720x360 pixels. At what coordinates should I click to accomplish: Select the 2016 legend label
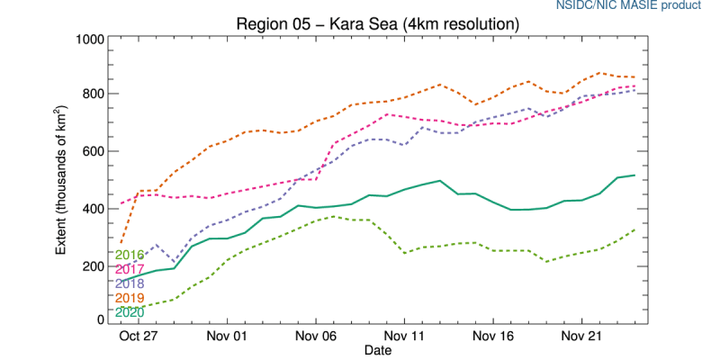tap(130, 255)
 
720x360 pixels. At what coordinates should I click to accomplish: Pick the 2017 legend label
tap(130, 269)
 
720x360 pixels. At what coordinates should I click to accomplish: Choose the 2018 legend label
tap(130, 283)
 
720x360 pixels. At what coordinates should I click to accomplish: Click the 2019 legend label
tap(130, 298)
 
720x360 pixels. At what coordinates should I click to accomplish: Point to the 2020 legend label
tap(130, 312)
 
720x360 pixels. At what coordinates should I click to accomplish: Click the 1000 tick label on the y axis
tap(88, 40)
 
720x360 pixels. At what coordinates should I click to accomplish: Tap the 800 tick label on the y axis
tap(92, 94)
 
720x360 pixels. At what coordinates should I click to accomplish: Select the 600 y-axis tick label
tap(92, 151)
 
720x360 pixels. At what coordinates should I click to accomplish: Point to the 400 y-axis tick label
tap(92, 209)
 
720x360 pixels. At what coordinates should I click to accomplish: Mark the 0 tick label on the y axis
tap(99, 319)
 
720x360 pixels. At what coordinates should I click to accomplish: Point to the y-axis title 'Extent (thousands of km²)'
tap(62, 180)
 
